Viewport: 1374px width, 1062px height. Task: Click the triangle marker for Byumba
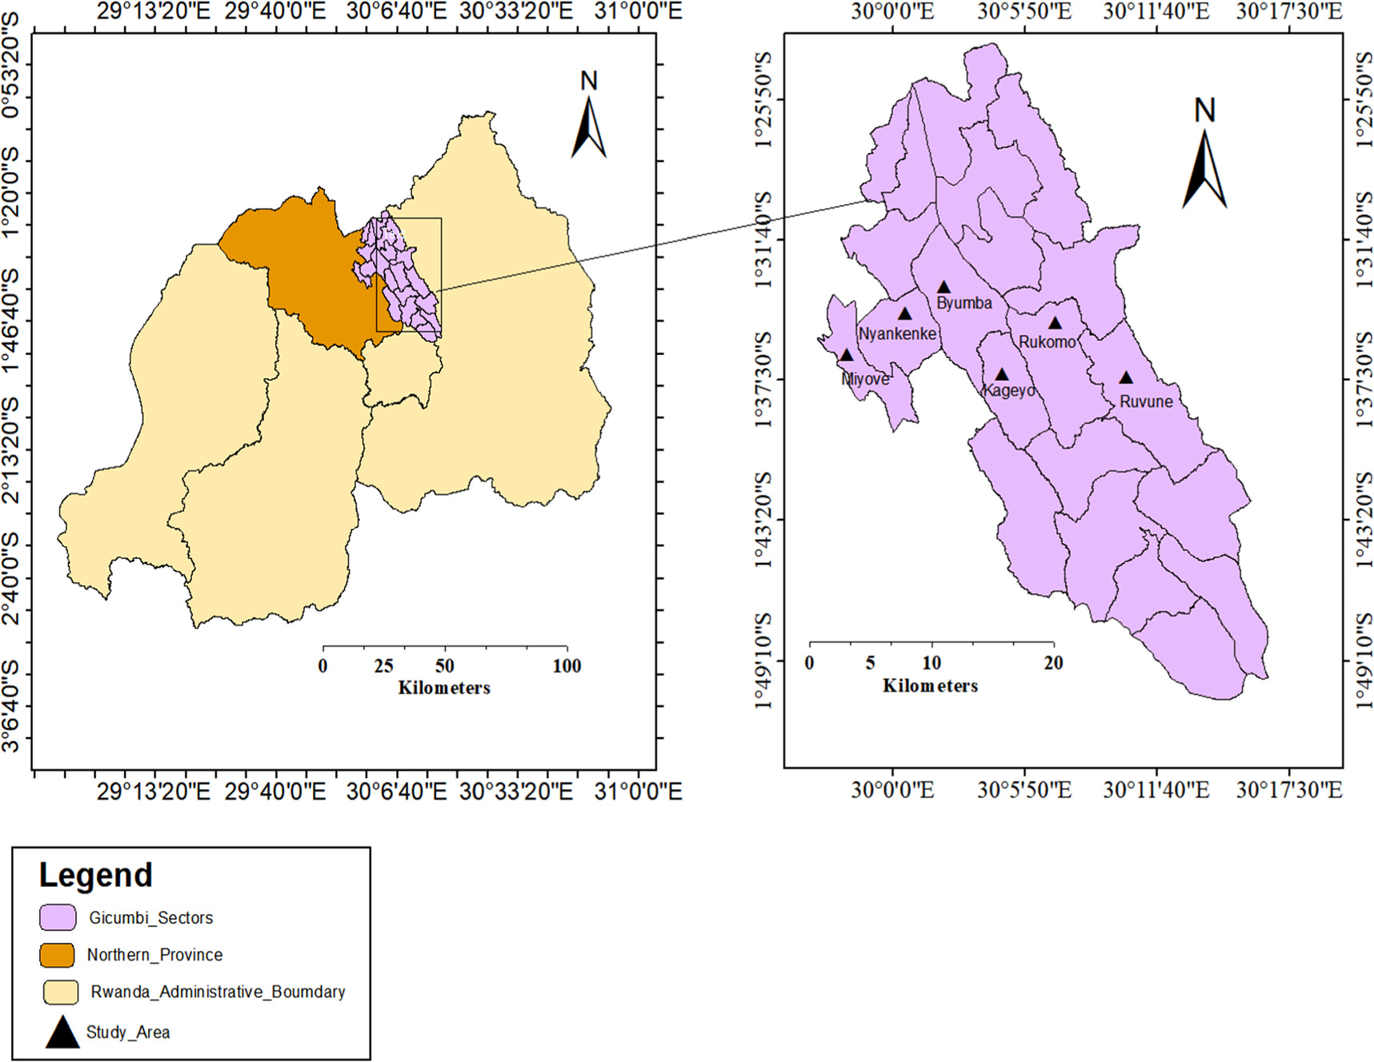[943, 287]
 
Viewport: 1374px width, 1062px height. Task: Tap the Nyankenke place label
[897, 333]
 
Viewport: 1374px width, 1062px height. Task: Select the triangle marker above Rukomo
[1055, 323]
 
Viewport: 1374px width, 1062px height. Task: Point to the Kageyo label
[1009, 390]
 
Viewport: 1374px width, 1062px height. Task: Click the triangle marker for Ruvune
[1126, 377]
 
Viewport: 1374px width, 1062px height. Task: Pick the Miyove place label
[865, 379]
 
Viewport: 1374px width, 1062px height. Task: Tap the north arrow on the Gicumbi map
[1204, 169]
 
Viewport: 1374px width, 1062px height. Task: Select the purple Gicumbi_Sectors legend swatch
[58, 917]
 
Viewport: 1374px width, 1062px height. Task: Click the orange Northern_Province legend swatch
[58, 954]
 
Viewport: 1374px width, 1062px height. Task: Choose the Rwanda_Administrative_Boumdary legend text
[218, 992]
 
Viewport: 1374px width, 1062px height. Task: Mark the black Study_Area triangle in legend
[62, 1032]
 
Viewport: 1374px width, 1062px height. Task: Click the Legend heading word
[96, 876]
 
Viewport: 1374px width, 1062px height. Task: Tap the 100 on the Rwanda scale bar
[567, 666]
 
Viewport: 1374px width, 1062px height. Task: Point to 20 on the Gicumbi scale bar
[1053, 663]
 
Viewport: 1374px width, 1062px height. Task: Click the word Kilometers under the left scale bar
[444, 688]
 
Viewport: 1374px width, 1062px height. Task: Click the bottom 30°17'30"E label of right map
[1288, 790]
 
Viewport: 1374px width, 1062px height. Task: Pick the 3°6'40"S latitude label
[10, 706]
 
